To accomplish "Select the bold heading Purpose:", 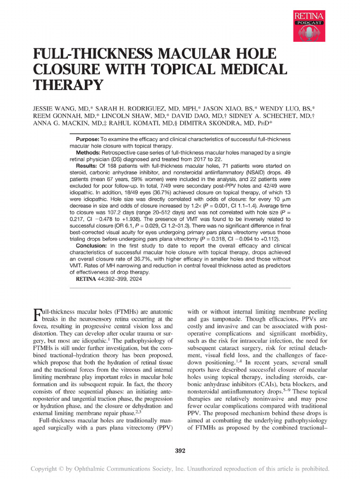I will point(87,140).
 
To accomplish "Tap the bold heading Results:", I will point(87,166).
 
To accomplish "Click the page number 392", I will point(180,451).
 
